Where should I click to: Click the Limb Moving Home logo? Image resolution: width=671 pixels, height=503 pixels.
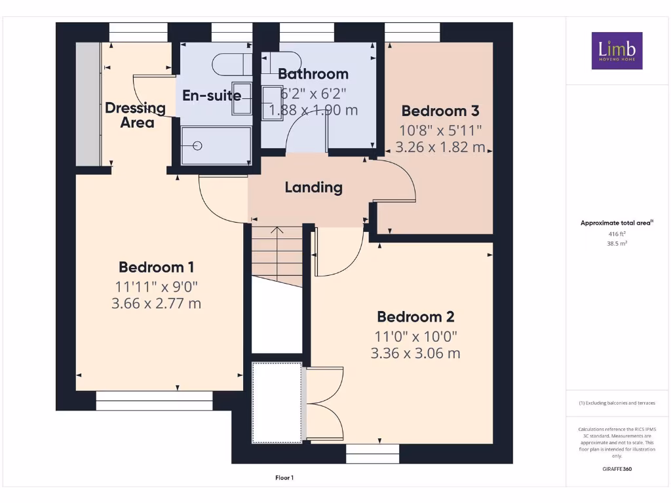[x=617, y=50]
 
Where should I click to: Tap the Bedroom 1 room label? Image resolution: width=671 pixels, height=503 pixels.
[x=156, y=267]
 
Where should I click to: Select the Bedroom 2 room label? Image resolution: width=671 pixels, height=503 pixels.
[x=415, y=317]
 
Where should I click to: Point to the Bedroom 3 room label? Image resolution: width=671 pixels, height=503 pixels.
[x=440, y=111]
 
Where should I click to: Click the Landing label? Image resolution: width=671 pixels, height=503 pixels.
[x=313, y=187]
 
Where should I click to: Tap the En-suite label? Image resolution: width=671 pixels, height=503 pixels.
[x=212, y=96]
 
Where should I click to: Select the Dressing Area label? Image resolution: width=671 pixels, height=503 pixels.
[x=136, y=115]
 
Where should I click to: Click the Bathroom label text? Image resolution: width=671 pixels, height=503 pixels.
[x=313, y=74]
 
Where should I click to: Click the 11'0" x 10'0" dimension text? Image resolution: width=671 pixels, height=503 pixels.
[x=415, y=336]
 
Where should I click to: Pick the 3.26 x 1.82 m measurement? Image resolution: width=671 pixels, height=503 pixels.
[x=440, y=147]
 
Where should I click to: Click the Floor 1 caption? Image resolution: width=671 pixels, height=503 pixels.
[x=284, y=478]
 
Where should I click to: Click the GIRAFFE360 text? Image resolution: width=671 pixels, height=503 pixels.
[x=617, y=469]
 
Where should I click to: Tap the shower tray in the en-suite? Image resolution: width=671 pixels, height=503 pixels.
[x=216, y=146]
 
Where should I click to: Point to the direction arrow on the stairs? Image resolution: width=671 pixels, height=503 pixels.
[x=277, y=231]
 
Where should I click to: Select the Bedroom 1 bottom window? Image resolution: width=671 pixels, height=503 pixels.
[x=154, y=401]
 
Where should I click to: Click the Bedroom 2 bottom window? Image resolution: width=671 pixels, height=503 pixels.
[x=372, y=454]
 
